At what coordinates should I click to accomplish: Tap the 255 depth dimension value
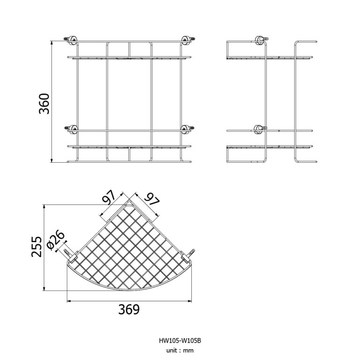point(37,247)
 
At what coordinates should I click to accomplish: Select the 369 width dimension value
point(128,310)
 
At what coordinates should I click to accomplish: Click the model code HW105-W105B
point(180,341)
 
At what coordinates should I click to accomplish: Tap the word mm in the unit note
point(188,350)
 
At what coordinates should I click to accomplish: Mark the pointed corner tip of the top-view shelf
point(129,202)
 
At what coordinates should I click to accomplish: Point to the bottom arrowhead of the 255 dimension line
point(44,289)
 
